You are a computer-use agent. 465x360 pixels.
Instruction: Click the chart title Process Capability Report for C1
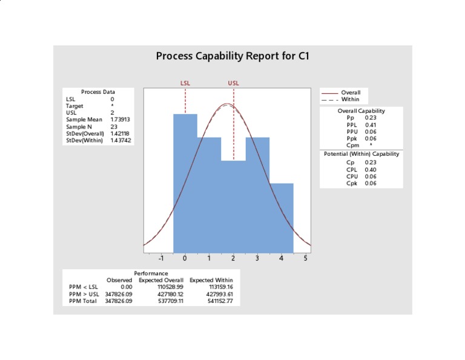pos(233,56)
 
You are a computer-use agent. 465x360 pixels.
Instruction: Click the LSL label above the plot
pos(185,83)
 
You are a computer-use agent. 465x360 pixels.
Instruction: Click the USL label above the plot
pos(233,83)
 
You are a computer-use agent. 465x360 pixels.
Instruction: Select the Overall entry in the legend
pos(351,92)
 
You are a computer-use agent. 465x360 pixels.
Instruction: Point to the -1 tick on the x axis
pos(161,258)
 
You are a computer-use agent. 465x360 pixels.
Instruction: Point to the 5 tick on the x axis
pos(305,258)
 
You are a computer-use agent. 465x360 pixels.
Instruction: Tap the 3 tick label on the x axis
pos(257,258)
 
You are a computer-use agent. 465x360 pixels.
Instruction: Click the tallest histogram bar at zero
pos(185,182)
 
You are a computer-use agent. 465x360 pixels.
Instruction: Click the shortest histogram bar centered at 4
pos(281,218)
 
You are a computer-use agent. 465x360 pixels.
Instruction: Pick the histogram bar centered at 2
pos(233,206)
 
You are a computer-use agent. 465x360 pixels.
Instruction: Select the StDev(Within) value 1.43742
pos(120,140)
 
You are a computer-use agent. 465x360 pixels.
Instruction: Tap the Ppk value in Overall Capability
pos(371,138)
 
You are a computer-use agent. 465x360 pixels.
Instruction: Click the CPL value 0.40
pos(371,170)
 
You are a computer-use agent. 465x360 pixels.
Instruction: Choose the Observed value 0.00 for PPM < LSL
pos(125,287)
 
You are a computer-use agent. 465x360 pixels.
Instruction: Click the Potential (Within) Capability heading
pos(361,154)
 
